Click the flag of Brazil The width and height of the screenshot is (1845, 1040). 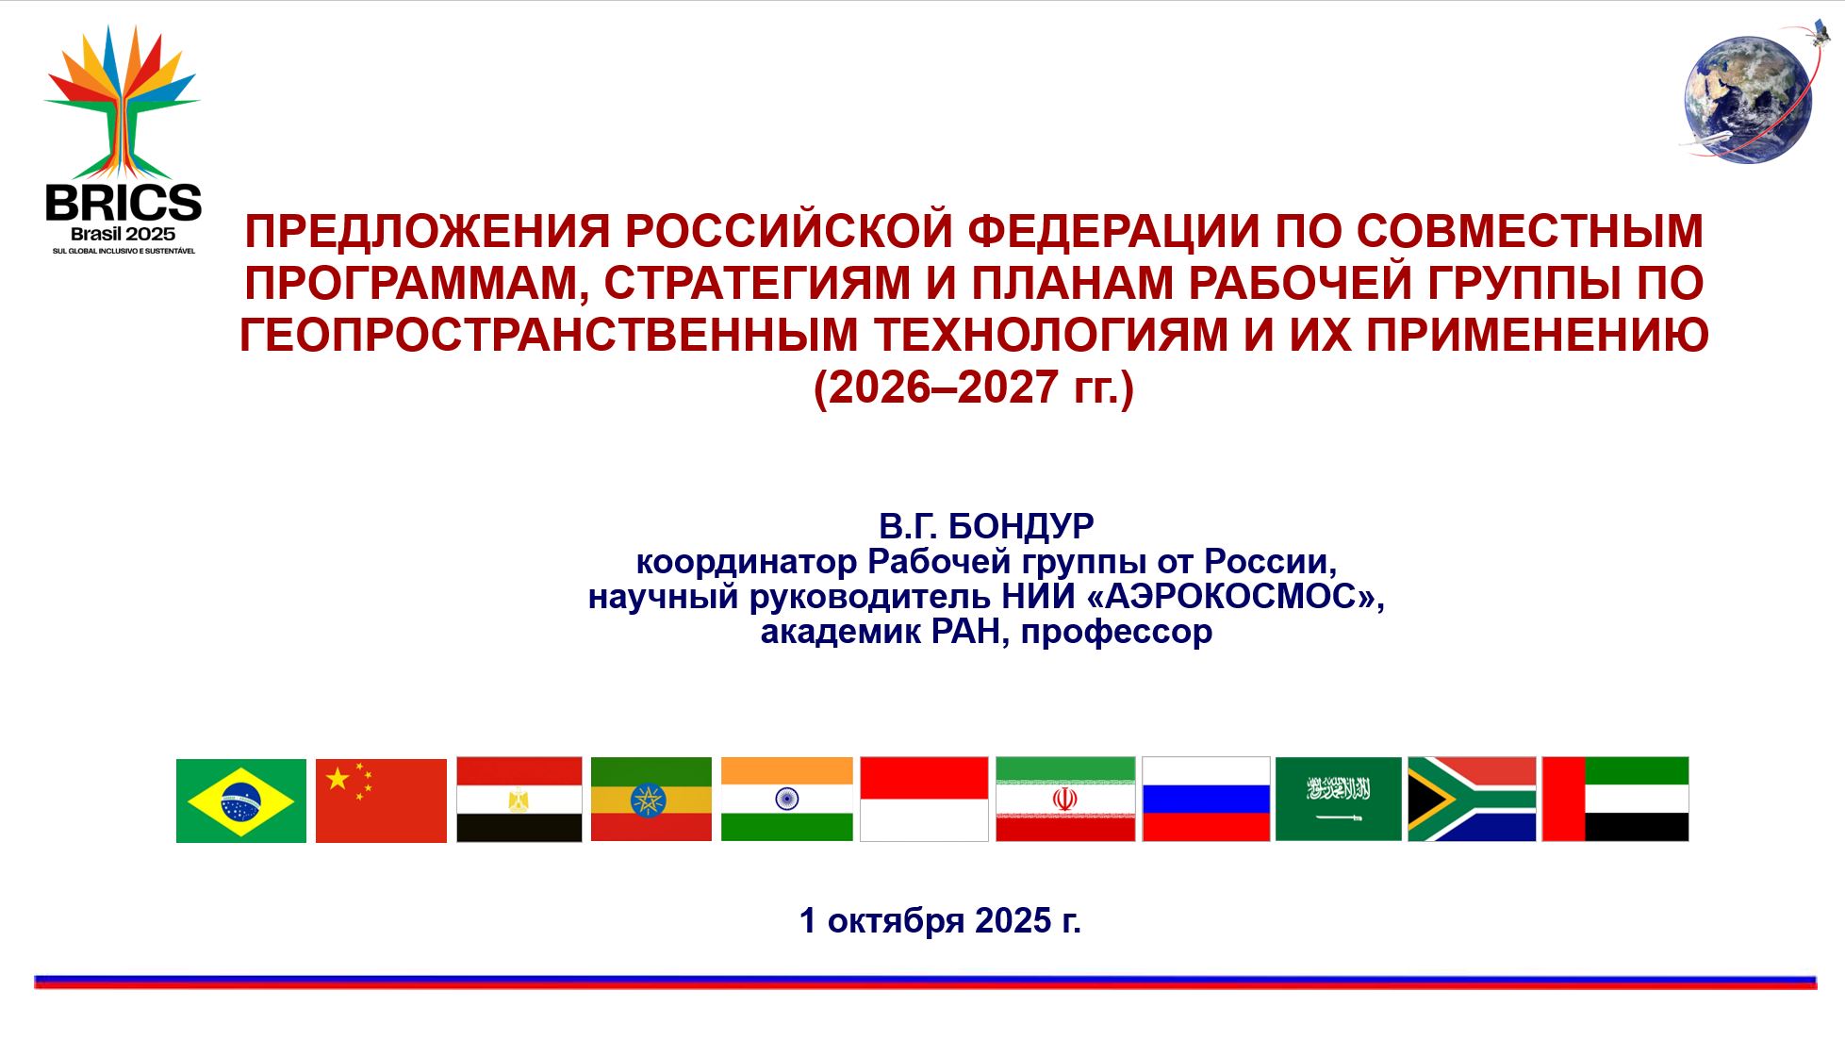241,801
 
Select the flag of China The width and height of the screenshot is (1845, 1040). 381,801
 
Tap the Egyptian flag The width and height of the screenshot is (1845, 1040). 519,800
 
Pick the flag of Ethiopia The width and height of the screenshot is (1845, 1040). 651,800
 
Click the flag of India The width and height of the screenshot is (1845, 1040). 787,800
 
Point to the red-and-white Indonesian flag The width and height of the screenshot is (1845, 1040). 924,800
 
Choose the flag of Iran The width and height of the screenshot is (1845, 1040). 1065,800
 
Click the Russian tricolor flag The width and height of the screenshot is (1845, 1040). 1206,800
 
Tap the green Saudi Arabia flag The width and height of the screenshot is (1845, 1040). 1339,800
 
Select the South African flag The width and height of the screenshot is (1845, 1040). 1472,800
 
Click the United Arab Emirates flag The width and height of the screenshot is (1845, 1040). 1616,800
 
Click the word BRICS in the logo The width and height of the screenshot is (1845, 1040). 124,203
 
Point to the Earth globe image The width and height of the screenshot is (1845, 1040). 1749,100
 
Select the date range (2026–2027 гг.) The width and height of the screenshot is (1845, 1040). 974,388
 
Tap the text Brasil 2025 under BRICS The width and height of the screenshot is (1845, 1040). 124,235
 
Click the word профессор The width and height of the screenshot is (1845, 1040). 1116,632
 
